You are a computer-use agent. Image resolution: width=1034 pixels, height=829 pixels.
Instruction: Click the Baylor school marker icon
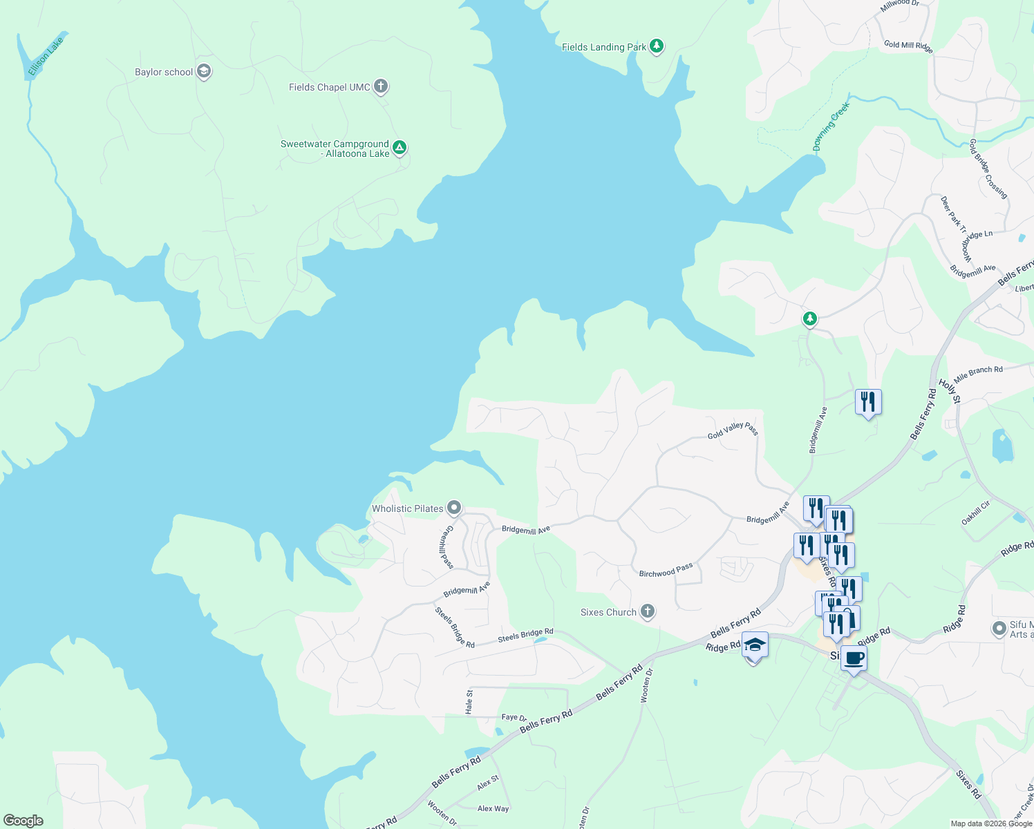(203, 71)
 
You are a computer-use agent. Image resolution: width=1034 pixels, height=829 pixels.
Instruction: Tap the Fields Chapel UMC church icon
(380, 86)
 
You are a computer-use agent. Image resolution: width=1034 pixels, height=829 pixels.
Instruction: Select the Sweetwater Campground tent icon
(399, 147)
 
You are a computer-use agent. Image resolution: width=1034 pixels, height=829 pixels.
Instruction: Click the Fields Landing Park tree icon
(657, 46)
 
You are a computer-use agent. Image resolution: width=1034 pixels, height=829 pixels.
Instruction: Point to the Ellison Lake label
(46, 57)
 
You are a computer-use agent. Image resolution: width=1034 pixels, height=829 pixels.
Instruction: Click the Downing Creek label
(830, 126)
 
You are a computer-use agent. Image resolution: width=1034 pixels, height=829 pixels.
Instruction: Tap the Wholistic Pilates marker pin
(453, 508)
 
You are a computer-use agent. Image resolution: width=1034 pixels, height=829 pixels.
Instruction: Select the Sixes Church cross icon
(647, 611)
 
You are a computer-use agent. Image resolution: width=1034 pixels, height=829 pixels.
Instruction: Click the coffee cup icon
(854, 658)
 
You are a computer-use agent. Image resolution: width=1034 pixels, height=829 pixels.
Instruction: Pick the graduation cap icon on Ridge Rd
(755, 645)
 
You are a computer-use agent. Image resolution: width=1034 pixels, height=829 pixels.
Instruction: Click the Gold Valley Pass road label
(733, 430)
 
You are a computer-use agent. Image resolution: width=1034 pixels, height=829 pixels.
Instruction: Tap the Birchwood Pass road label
(666, 571)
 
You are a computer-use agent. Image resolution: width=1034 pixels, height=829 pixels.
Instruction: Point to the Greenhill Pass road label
(446, 548)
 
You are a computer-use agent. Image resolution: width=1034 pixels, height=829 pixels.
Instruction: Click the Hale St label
(469, 701)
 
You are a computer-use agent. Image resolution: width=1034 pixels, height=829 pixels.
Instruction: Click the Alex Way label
(493, 808)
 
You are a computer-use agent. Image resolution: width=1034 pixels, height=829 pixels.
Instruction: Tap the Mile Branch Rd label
(978, 374)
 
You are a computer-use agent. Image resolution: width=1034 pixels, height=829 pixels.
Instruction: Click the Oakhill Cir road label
(976, 512)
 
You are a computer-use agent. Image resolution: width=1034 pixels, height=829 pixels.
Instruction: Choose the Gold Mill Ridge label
(908, 46)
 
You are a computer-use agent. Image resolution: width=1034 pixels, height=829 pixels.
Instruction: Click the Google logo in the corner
(23, 820)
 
